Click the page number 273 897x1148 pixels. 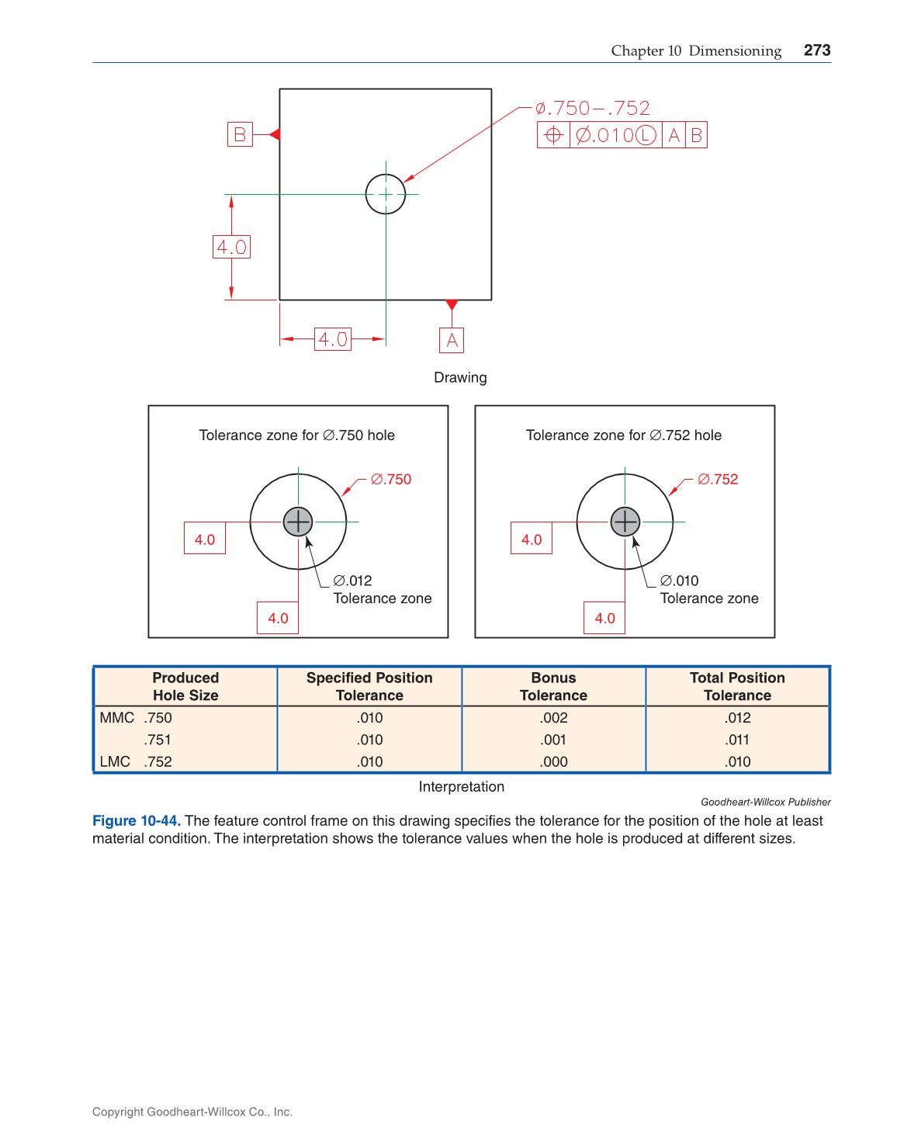816,50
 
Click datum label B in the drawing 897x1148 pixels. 240,134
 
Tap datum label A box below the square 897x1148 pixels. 452,340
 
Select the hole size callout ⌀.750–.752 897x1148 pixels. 593,108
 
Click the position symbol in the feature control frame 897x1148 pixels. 553,135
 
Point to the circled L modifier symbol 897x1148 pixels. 646,135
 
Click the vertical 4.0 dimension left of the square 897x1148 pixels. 231,247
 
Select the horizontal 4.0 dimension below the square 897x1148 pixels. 333,339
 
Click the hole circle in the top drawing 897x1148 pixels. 386,194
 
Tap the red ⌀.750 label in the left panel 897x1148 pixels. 391,480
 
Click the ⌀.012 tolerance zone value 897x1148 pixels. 353,581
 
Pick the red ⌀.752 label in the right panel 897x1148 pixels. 718,480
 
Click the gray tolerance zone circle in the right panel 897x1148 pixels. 625,522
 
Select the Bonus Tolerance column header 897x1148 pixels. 553,686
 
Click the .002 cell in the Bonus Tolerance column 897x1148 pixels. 553,718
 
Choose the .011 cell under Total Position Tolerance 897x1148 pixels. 737,740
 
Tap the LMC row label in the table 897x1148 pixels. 115,761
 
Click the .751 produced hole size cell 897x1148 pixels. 158,740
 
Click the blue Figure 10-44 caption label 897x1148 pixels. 137,820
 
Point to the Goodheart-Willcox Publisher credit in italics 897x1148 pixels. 765,802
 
